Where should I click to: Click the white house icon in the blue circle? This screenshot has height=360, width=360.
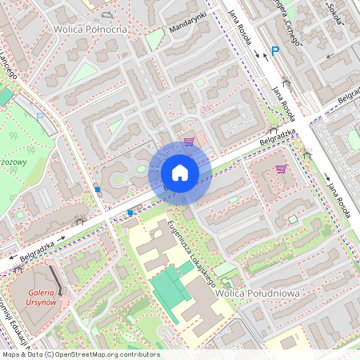tap(180, 173)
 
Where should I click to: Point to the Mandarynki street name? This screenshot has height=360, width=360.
tap(188, 24)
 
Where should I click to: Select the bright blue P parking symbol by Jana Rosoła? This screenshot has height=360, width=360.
tap(275, 51)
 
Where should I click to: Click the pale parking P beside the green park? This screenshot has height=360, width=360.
tap(40, 116)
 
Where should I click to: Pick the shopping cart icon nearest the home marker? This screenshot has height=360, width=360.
tap(189, 142)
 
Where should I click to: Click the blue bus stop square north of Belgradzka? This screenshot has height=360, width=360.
tap(98, 190)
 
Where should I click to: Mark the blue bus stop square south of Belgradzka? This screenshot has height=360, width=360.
tap(130, 213)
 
